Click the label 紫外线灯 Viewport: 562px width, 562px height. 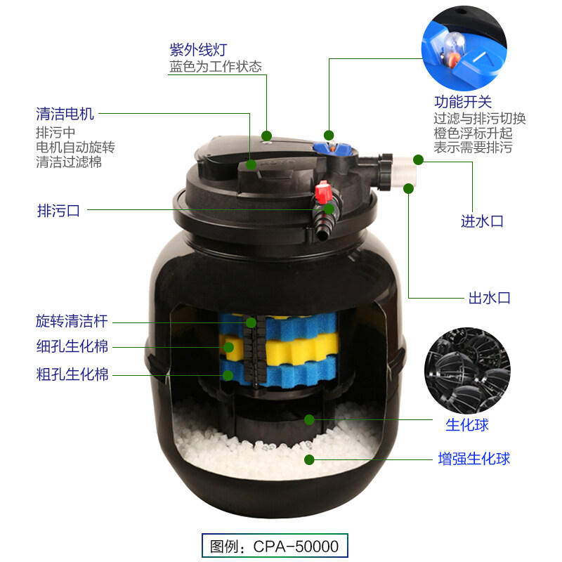click(198, 50)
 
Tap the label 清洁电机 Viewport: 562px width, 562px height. click(65, 114)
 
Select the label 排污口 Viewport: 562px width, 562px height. click(58, 209)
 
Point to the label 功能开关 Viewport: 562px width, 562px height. click(462, 103)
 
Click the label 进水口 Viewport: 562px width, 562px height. click(482, 221)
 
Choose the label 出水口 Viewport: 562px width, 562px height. click(489, 298)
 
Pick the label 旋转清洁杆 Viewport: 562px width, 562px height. click(72, 322)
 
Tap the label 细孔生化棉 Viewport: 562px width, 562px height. click(72, 347)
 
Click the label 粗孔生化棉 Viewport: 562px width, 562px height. click(72, 374)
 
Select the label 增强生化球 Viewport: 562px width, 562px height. click(473, 459)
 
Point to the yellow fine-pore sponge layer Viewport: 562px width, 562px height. click(281, 347)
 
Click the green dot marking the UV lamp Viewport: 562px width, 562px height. click(267, 136)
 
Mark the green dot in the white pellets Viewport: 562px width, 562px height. click(308, 459)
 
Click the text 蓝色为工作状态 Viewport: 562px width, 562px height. click(216, 67)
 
